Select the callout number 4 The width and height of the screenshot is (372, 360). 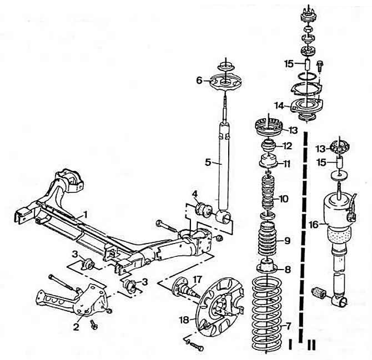[194, 194]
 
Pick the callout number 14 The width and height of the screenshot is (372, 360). [279, 105]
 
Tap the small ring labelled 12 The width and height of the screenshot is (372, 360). [269, 147]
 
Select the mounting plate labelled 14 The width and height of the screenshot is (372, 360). [306, 106]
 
